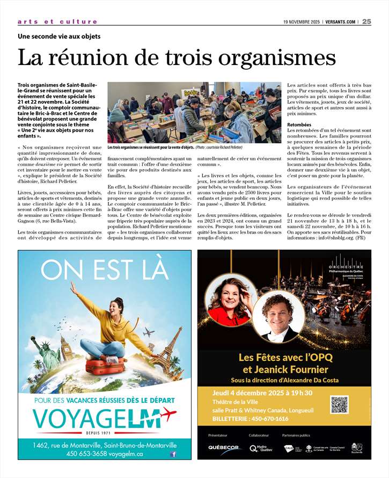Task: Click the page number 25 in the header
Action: pyautogui.click(x=367, y=21)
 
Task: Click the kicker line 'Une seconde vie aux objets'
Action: pyautogui.click(x=59, y=37)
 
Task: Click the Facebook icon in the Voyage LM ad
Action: pyautogui.click(x=173, y=454)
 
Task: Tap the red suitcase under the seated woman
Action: pyautogui.click(x=106, y=367)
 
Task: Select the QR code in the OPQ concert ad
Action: pyautogui.click(x=339, y=404)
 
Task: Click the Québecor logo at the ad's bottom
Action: pyautogui.click(x=224, y=448)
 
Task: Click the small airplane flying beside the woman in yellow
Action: pyautogui.click(x=149, y=332)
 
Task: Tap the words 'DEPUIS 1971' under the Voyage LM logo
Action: pyautogui.click(x=105, y=433)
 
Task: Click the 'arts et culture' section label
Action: pyautogui.click(x=57, y=22)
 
